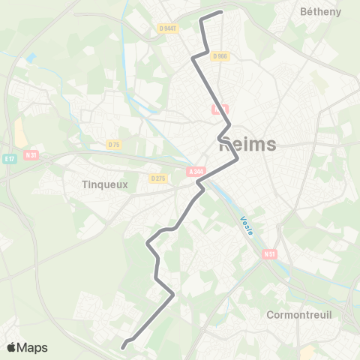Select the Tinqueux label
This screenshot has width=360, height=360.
tap(105, 184)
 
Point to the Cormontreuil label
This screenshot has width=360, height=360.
tap(299, 315)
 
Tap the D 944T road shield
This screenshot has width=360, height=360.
tap(169, 28)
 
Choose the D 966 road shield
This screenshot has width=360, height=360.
tap(219, 55)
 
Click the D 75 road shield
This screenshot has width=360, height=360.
tap(114, 144)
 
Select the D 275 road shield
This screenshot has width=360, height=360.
tap(157, 178)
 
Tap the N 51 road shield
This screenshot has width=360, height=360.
tap(270, 255)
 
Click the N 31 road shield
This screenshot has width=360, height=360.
tap(31, 155)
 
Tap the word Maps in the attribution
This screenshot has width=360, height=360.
tap(33, 348)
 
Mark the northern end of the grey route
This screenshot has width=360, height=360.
tap(222, 12)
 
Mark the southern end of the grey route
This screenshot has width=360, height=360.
tap(122, 346)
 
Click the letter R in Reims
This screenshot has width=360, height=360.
tap(224, 145)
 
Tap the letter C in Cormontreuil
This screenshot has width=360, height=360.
tap(271, 315)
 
